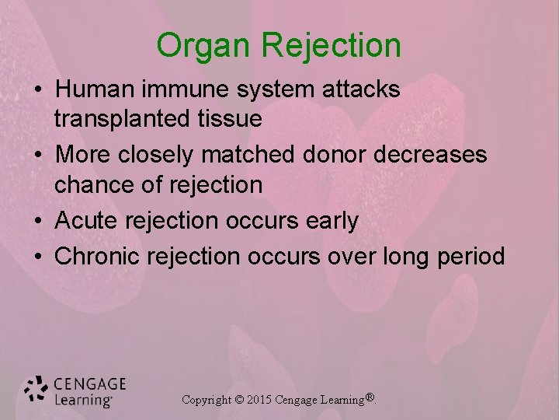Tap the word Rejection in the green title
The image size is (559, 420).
click(332, 45)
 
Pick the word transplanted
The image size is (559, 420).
click(118, 119)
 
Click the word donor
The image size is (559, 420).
click(337, 155)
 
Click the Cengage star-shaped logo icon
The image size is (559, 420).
click(36, 390)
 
